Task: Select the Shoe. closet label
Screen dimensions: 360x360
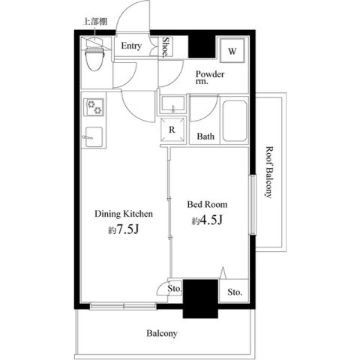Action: (166, 47)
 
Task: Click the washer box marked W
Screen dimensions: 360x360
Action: (232, 51)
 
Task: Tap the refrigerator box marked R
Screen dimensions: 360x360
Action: (172, 129)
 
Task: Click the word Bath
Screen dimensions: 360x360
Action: (205, 137)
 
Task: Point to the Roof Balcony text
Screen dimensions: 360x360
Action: (269, 171)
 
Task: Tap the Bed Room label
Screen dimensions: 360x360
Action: (207, 205)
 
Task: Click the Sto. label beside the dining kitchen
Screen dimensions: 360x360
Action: (174, 286)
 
